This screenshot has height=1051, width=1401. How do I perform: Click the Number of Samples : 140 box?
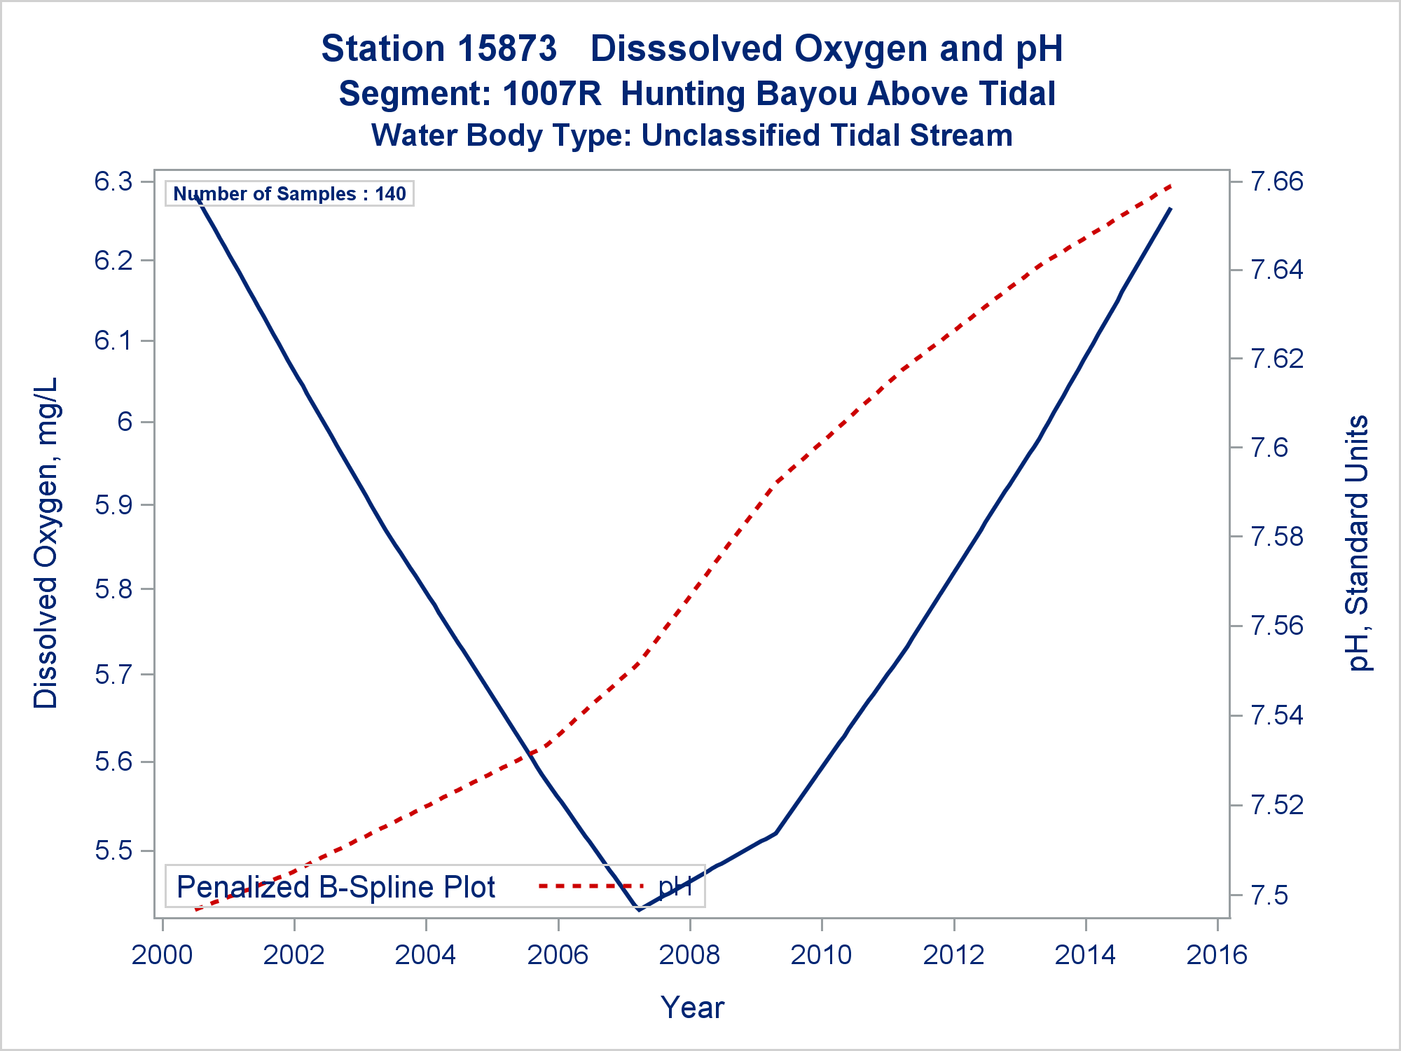(289, 193)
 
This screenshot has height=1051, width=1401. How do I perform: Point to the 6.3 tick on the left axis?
(113, 181)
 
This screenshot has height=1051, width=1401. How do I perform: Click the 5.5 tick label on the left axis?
(113, 851)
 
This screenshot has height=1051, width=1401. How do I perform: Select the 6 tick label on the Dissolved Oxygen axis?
(125, 422)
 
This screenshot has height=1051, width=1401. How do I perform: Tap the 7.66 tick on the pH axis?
(1277, 181)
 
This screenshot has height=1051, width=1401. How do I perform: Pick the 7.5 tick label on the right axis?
(1269, 895)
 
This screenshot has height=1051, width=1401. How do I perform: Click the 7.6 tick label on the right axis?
(1269, 447)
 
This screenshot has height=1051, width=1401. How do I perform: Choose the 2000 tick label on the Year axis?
(163, 955)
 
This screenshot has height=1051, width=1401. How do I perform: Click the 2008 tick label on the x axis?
(690, 955)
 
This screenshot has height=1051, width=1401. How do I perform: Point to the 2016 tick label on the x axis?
(1217, 955)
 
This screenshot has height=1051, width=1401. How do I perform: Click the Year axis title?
(692, 1008)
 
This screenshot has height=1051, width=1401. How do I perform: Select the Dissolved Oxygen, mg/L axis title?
(46, 543)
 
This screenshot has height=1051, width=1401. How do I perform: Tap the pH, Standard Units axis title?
(1358, 543)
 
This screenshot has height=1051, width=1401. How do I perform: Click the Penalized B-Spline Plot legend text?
(336, 887)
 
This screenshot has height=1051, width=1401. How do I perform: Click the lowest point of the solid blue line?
(639, 909)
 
